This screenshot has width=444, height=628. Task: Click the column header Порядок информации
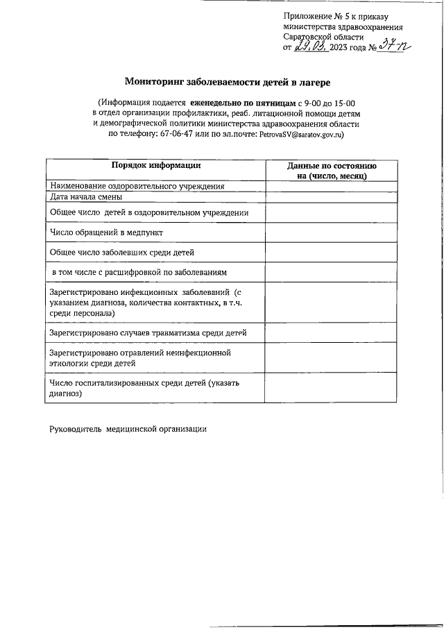point(156,165)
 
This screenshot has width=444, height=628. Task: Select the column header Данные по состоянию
point(332,167)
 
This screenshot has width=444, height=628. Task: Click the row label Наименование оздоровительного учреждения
point(137,186)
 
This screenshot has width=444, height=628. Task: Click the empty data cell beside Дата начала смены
point(332,196)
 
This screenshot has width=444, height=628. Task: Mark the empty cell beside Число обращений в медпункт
point(332,232)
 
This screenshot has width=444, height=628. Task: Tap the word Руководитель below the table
point(76,429)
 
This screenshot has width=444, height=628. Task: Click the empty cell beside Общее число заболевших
point(332,252)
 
